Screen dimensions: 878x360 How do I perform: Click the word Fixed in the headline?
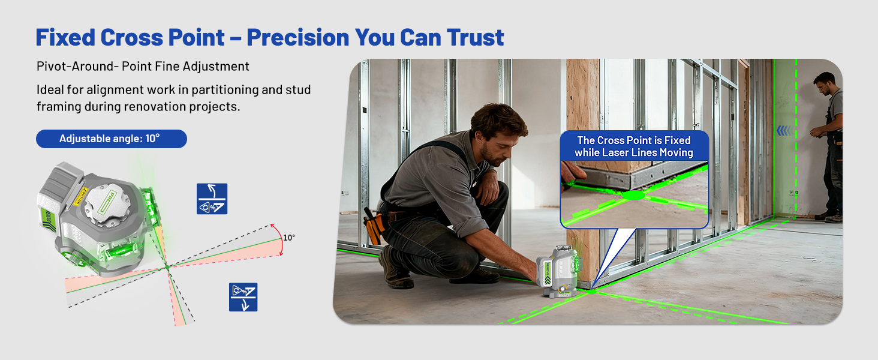[65, 37]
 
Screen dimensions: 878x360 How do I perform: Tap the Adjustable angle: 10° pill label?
[112, 139]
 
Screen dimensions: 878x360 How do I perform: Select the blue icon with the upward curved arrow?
[212, 199]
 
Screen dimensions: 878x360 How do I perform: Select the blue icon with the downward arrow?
[243, 297]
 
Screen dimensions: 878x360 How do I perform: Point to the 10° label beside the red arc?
[289, 238]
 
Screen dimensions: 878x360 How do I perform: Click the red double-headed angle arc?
[279, 239]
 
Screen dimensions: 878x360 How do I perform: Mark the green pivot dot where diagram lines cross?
[167, 267]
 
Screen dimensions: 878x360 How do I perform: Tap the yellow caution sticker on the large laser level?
[80, 196]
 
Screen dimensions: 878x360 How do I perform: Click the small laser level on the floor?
[558, 270]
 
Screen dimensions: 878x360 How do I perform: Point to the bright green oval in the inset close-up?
[633, 195]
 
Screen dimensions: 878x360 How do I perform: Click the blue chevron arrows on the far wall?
[784, 131]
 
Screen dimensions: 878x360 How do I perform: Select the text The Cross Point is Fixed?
[634, 140]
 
